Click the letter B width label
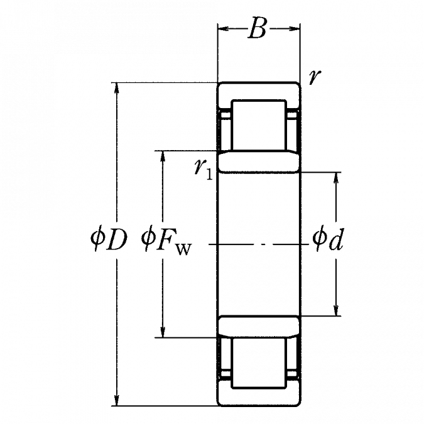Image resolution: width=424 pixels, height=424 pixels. pyautogui.click(x=257, y=28)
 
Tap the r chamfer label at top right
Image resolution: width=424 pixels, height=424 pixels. pyautogui.click(x=315, y=77)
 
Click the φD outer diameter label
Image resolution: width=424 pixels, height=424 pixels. pyautogui.click(x=109, y=240)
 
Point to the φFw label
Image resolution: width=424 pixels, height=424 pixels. pyautogui.click(x=166, y=241)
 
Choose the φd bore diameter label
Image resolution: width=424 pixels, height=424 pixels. pyautogui.click(x=328, y=239)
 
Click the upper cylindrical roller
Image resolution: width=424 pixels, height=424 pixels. pyautogui.click(x=259, y=125)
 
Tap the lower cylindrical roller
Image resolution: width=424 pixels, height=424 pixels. pyautogui.click(x=259, y=363)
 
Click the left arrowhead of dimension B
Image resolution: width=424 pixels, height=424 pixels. pyautogui.click(x=224, y=28)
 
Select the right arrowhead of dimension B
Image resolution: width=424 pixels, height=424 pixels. pyautogui.click(x=295, y=28)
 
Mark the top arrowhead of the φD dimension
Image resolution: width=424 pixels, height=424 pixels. pyautogui.click(x=117, y=88)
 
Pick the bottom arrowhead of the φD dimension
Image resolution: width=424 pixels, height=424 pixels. pyautogui.click(x=117, y=400)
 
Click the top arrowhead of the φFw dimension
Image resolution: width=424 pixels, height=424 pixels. pyautogui.click(x=163, y=156)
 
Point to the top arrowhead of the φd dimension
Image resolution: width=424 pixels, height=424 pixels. pyautogui.click(x=336, y=178)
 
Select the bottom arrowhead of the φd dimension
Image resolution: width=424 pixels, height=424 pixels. pyautogui.click(x=336, y=310)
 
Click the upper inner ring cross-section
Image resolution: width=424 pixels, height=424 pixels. pyautogui.click(x=259, y=161)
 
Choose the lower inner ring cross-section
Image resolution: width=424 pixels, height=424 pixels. pyautogui.click(x=259, y=327)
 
